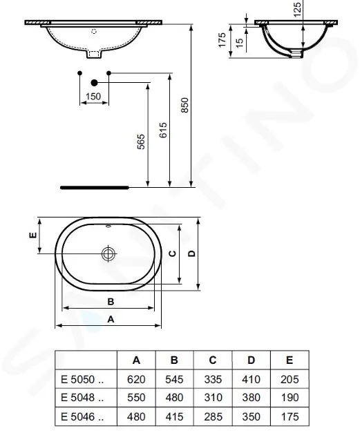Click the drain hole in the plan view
click(x=108, y=254)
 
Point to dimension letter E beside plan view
click(x=31, y=235)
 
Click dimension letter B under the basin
click(x=110, y=301)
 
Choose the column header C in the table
click(x=212, y=360)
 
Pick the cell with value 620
click(x=136, y=379)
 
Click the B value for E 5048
click(x=174, y=398)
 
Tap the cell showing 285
click(x=212, y=416)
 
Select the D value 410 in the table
click(x=251, y=379)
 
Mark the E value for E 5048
click(x=290, y=398)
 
